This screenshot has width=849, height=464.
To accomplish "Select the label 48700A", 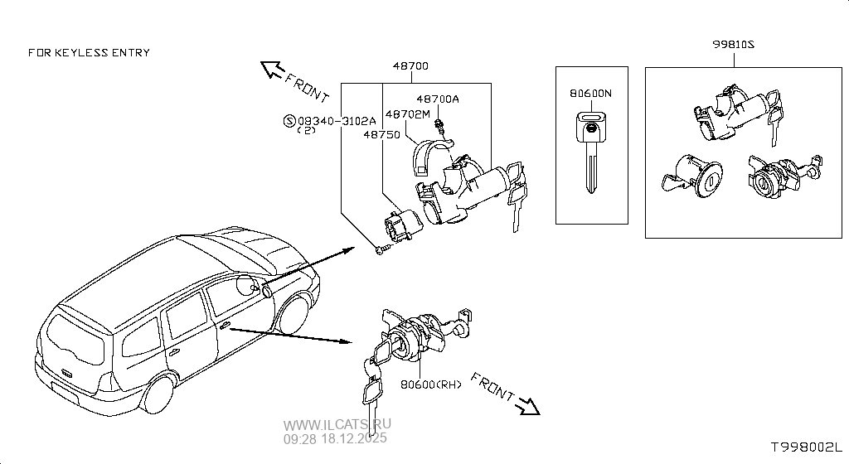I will (437, 99).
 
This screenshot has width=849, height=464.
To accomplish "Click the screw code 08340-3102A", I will (337, 121).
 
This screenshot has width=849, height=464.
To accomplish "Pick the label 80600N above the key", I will (590, 94).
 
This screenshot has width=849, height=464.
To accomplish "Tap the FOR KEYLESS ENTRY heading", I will (89, 52).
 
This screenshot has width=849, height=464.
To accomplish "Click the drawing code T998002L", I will (806, 447).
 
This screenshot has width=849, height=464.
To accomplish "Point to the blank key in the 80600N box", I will (589, 149).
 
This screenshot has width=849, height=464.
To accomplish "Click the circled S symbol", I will (289, 121).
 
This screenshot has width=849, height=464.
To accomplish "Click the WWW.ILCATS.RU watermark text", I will (337, 424).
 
